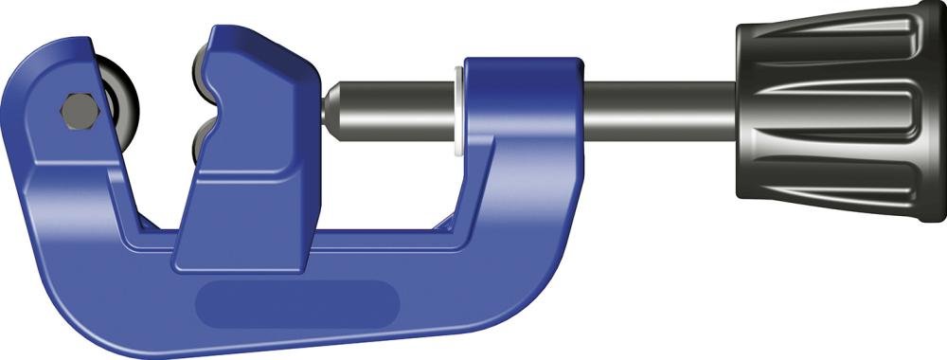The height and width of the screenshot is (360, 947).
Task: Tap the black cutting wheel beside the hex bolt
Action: tap(119, 107)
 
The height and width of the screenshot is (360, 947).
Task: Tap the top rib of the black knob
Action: tap(833, 42)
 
